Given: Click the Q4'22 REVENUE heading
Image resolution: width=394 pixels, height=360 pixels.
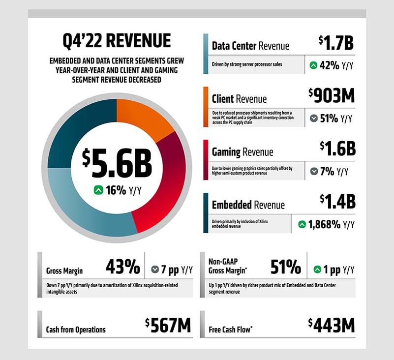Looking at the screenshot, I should tap(117, 40).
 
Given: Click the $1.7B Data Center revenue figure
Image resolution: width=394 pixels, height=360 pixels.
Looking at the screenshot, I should tap(336, 43).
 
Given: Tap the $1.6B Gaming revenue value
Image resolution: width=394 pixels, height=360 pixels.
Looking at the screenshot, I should tap(337, 148).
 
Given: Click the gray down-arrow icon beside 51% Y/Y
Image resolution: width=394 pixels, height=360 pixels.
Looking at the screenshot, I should tap(314, 118).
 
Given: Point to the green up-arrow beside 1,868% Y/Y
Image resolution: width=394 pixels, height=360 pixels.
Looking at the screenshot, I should tap(302, 225).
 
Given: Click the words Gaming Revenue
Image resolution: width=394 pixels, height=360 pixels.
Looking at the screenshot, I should tap(242, 152).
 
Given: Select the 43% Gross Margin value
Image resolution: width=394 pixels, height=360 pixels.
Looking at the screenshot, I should tap(123, 268).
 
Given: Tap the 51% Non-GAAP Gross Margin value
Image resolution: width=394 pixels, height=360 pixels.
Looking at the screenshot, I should tap(286, 268).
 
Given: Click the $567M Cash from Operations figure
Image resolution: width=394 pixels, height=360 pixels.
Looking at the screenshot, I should tap(168, 326).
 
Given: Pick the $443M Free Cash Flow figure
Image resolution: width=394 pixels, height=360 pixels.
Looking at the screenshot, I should tap(331, 326).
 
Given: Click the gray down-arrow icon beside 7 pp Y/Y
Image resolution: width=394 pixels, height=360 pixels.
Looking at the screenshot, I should tap(155, 270).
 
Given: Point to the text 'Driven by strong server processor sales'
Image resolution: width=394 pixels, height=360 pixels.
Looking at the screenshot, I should tap(247, 64).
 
